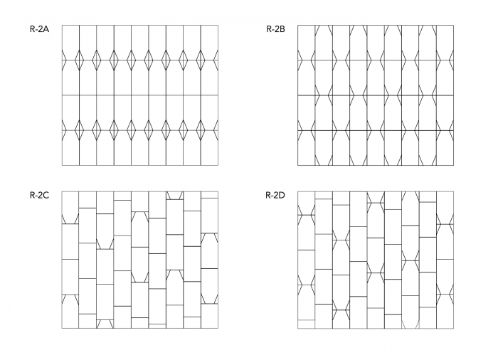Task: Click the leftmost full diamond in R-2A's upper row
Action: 79,60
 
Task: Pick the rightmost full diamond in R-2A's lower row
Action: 201,130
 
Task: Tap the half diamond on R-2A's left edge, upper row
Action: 63,60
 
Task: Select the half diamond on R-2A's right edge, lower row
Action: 216,130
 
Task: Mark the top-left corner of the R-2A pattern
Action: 62,26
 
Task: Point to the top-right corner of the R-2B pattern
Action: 453,26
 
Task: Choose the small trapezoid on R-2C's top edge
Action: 174,195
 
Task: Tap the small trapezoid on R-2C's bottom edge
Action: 105,324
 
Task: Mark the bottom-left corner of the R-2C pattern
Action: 62,328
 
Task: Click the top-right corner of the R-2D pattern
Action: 453,191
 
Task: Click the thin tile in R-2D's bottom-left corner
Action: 305,324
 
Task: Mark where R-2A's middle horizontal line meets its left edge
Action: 62,95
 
